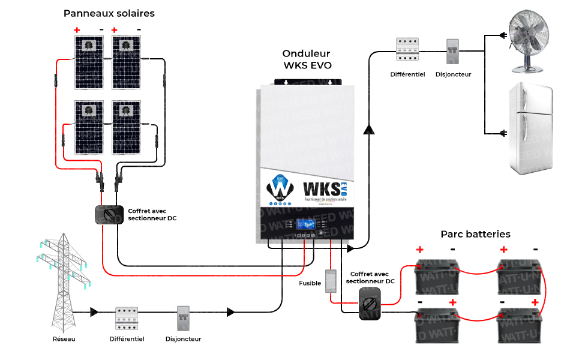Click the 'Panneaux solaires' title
[109, 13]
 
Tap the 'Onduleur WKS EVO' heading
[307, 59]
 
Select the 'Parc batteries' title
[475, 234]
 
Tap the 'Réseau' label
[64, 339]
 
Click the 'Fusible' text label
[310, 283]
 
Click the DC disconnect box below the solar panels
[109, 215]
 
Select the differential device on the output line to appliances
[407, 51]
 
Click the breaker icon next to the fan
[453, 52]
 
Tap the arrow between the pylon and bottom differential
[94, 312]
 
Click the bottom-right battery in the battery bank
[520, 325]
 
